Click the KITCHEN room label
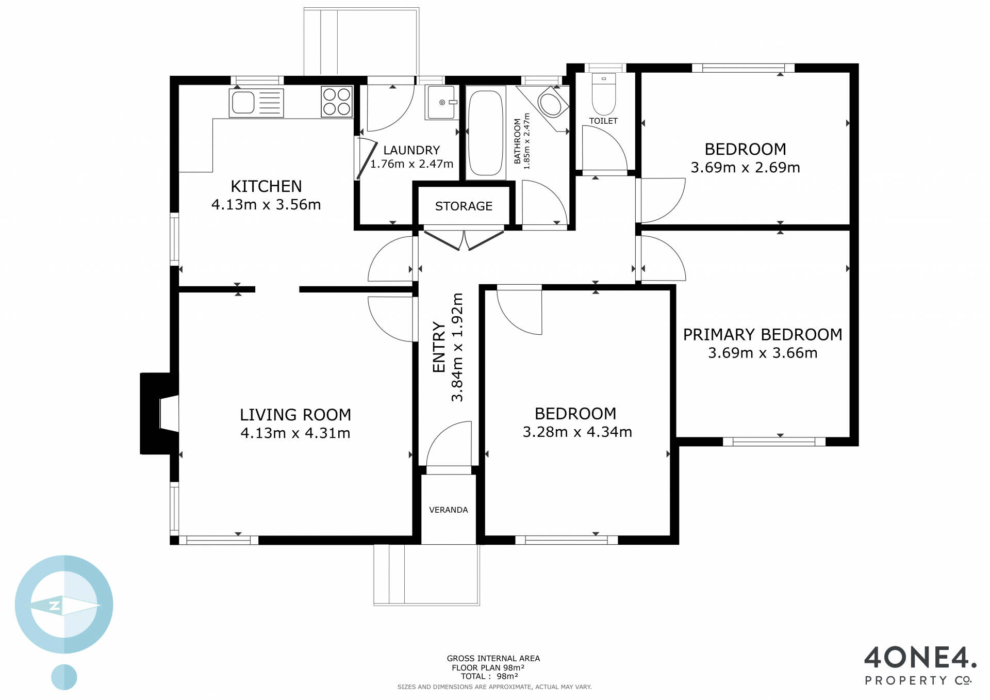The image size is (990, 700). (x=266, y=186)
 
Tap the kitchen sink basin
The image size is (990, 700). (x=243, y=103)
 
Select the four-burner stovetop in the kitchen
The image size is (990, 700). (x=337, y=102)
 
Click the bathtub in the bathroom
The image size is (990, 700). (x=486, y=133)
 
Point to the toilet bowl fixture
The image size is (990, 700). (x=604, y=94)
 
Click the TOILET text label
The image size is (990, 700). (x=603, y=121)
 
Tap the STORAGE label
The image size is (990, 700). (x=464, y=206)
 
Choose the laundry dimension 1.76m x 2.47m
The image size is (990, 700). (x=411, y=164)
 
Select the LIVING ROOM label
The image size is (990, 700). (x=295, y=415)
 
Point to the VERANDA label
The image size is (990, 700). (x=449, y=510)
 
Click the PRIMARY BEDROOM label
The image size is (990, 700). (x=763, y=335)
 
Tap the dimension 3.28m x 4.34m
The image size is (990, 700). (x=577, y=432)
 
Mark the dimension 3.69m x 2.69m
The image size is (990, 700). (x=746, y=167)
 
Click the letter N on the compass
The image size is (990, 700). (x=55, y=606)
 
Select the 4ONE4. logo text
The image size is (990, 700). (x=920, y=657)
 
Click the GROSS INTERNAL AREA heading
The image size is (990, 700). (x=493, y=658)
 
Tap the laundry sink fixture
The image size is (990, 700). (x=441, y=102)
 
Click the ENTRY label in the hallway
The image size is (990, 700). (x=439, y=347)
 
